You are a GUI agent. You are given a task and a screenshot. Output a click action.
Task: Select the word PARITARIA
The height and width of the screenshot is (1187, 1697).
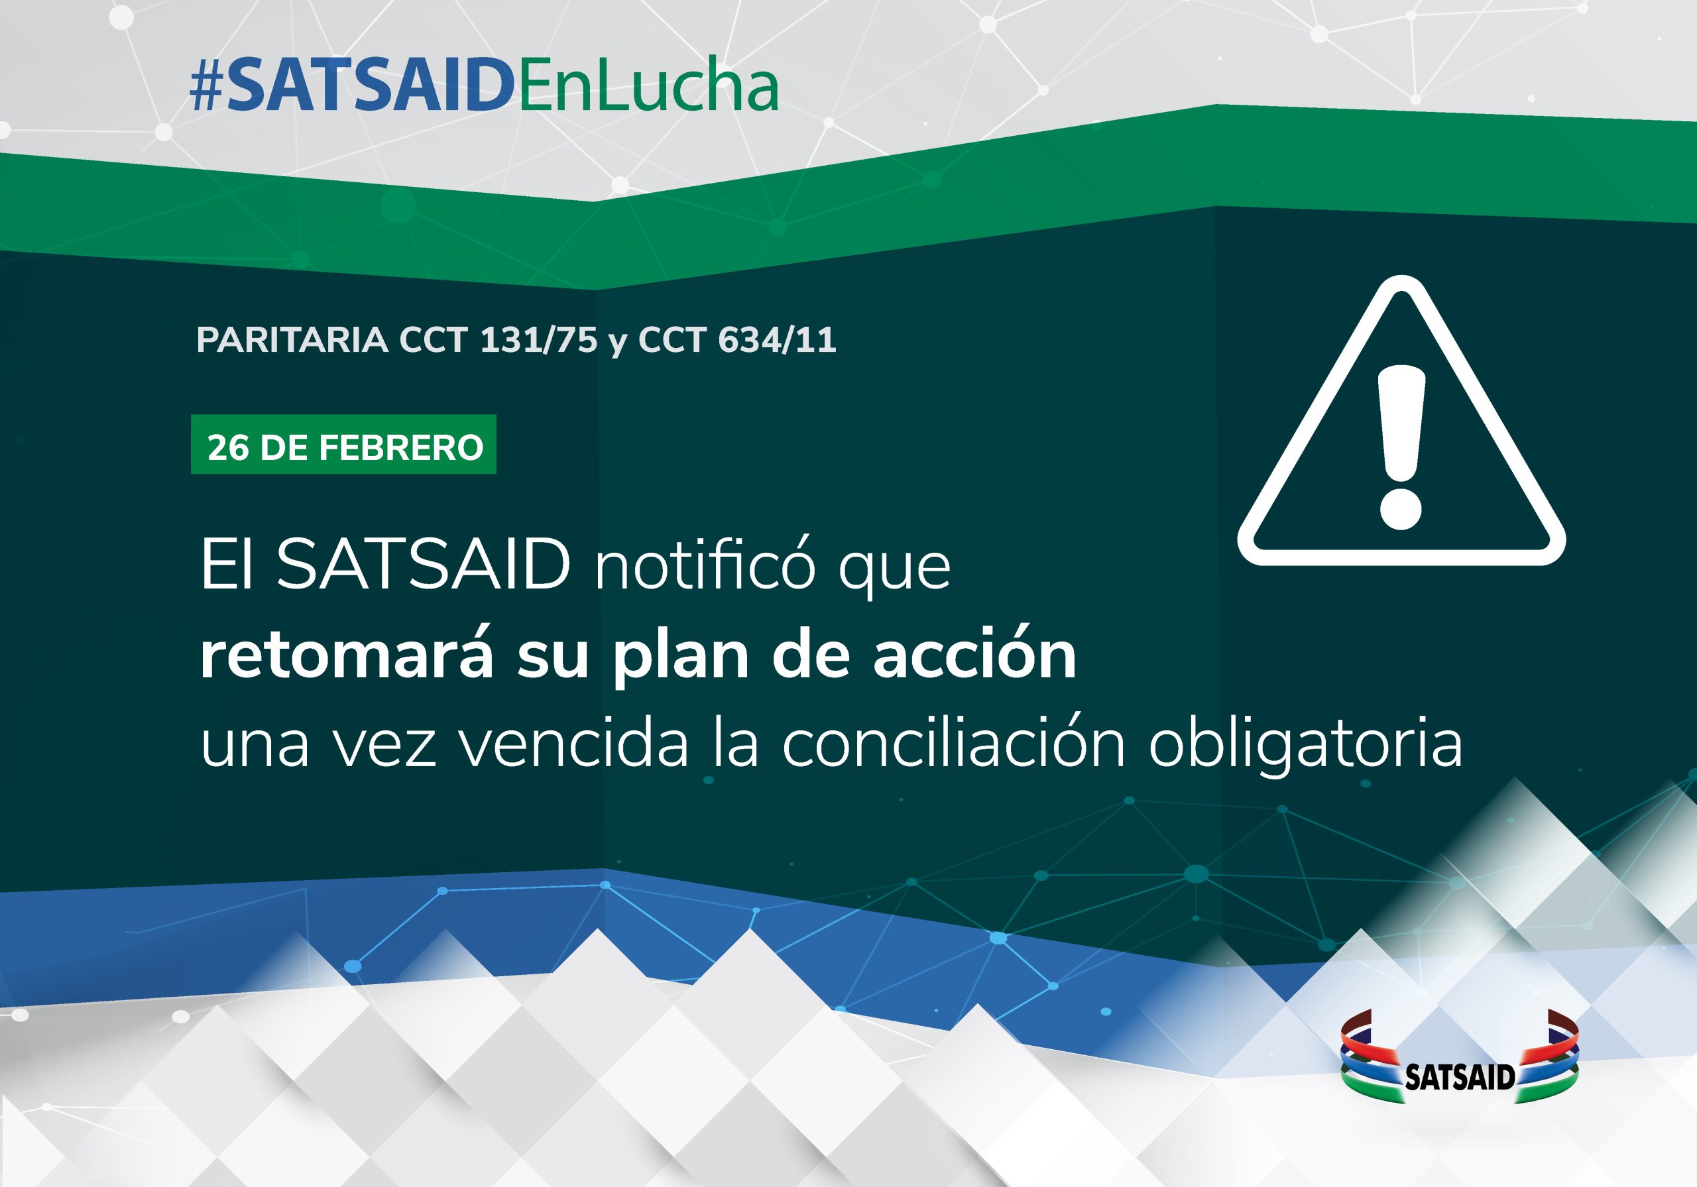(292, 340)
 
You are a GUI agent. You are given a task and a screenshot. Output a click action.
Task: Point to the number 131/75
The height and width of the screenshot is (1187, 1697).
(538, 340)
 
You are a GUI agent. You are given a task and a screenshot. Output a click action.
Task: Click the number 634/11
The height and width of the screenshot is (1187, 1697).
(777, 340)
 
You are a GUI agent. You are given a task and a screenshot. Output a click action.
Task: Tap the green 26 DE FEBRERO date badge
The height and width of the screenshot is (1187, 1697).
(343, 444)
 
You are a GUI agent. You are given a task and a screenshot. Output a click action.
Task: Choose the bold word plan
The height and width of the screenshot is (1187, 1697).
(681, 656)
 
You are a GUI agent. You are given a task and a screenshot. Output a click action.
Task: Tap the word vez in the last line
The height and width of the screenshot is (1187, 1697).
(384, 746)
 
